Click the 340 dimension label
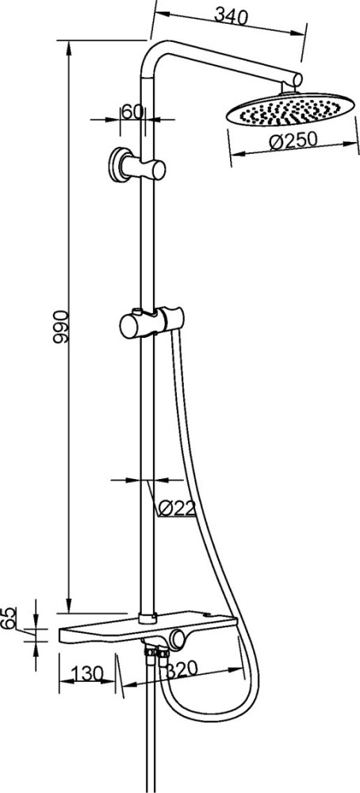click(231, 16)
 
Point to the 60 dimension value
click(132, 112)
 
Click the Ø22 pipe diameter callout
click(176, 508)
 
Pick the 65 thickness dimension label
click(8, 618)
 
